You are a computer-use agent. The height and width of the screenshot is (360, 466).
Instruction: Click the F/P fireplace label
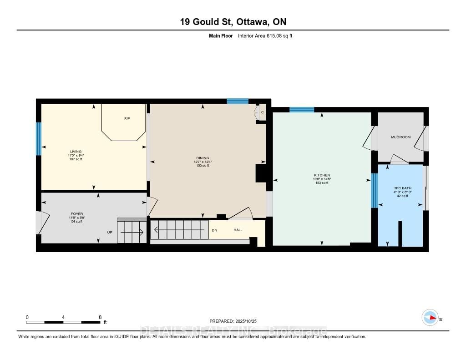[x=127, y=119]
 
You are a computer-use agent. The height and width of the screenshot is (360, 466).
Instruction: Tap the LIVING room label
[x=76, y=152]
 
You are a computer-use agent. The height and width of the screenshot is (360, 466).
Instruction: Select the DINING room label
[x=201, y=158]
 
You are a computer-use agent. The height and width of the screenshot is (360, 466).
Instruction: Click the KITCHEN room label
[x=322, y=175]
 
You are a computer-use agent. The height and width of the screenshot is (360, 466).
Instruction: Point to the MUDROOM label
[x=400, y=137]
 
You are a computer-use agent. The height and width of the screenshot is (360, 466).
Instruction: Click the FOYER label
[x=77, y=213]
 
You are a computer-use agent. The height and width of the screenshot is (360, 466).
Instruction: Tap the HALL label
[x=238, y=230]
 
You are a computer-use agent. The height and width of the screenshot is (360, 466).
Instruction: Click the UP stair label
[x=110, y=232]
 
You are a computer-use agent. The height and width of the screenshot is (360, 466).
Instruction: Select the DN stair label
[x=214, y=230]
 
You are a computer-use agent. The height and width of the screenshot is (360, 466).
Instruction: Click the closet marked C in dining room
[x=262, y=112]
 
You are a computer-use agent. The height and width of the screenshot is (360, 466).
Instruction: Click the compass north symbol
[x=430, y=318]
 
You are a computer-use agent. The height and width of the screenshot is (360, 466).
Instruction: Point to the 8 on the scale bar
[x=100, y=317]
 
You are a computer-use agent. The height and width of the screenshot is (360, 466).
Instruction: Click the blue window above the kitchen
[x=302, y=109]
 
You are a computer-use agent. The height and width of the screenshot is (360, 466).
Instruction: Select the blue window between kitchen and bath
[x=375, y=191]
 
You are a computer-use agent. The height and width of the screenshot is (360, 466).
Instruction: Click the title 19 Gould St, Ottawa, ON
[x=233, y=21]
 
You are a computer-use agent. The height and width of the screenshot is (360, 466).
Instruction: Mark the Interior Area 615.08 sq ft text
[x=265, y=35]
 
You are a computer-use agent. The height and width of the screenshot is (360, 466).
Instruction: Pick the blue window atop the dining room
[x=238, y=101]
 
